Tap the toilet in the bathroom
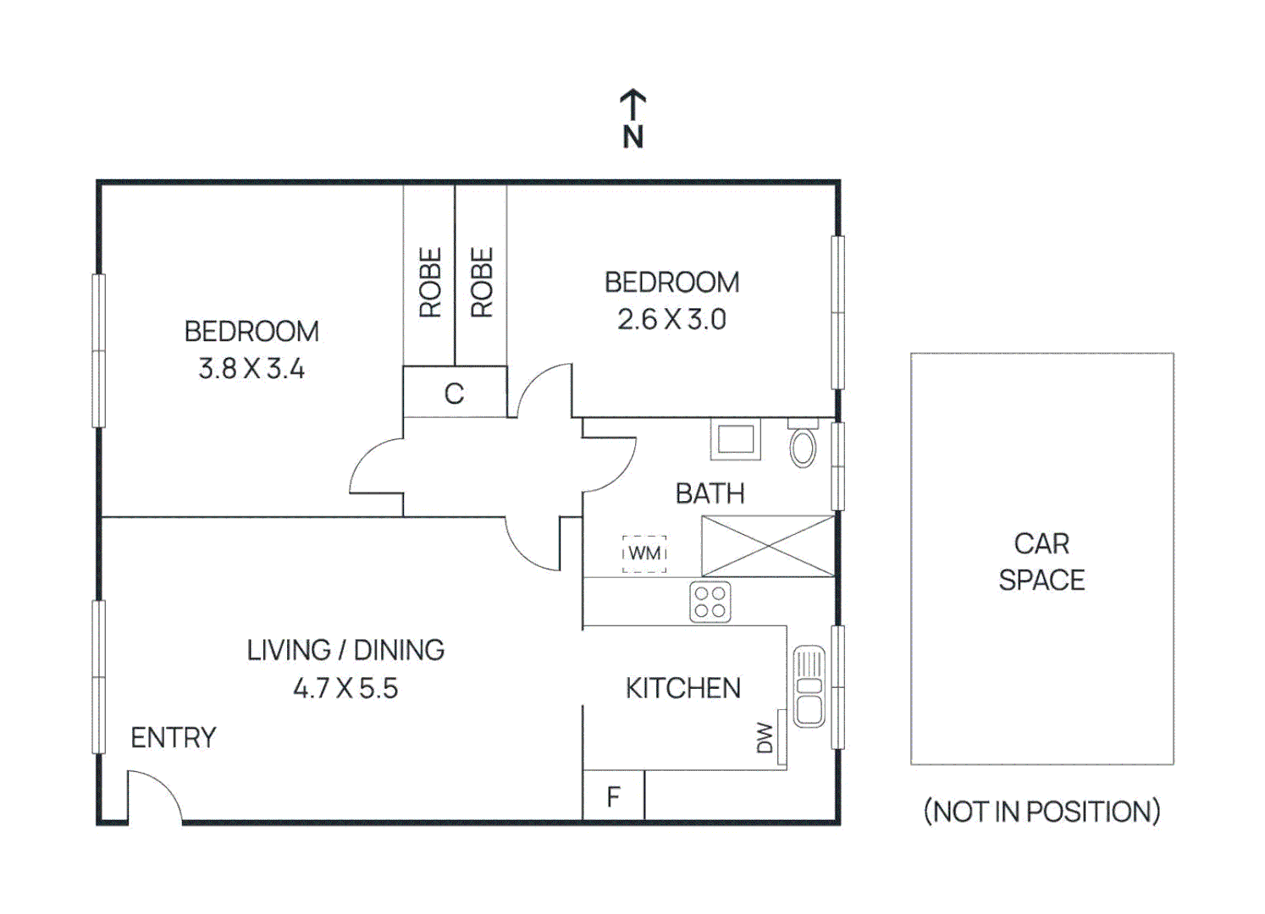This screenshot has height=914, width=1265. point(803,445)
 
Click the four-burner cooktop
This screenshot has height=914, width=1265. point(710,603)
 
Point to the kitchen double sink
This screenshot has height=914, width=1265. point(809,686)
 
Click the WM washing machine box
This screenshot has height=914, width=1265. point(644,553)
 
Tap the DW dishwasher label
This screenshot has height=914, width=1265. point(765,737)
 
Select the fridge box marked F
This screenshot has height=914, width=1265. point(614,796)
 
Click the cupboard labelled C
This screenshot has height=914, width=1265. point(455,393)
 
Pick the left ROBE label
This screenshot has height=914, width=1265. point(430,283)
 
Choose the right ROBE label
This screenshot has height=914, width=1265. point(481,283)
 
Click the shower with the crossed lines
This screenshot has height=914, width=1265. point(768,547)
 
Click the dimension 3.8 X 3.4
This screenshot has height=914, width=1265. point(251,369)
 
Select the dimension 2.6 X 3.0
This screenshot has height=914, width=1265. point(671,320)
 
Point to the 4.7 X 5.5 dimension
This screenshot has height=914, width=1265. point(345,688)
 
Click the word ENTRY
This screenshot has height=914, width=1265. point(174,738)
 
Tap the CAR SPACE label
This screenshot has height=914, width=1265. point(1041,562)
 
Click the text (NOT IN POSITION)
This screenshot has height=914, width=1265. point(1041,812)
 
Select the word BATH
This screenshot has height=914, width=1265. point(710,493)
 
